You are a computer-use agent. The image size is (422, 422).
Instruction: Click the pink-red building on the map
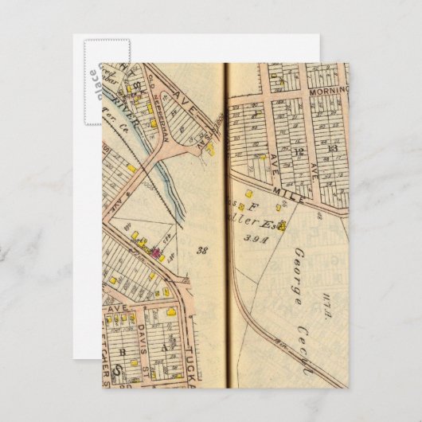[156, 255]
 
